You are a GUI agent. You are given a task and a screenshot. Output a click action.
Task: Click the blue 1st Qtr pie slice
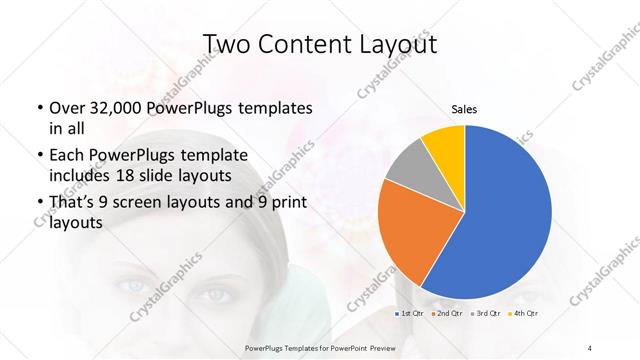click(505, 220)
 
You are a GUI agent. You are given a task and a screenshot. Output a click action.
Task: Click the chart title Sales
click(465, 109)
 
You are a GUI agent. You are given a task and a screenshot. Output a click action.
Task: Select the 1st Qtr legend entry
click(409, 315)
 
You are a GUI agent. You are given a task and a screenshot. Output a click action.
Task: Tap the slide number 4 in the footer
click(590, 346)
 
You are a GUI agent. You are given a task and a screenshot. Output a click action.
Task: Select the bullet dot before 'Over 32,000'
click(39, 108)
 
